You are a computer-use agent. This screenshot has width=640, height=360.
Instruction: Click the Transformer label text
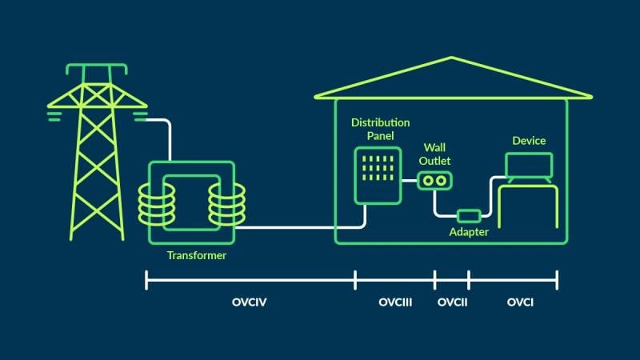[196, 256]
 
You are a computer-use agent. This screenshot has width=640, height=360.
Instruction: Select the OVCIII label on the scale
[394, 303]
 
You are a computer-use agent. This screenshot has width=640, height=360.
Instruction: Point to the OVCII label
[452, 303]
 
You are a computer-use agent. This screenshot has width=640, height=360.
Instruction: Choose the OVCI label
[520, 303]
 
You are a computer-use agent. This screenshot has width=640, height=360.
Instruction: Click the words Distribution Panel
[381, 129]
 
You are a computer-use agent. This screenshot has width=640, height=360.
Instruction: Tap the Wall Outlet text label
[437, 154]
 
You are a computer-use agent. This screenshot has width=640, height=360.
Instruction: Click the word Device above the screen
[529, 141]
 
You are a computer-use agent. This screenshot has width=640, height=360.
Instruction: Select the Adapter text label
[469, 232]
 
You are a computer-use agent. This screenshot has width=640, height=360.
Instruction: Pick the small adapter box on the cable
[468, 215]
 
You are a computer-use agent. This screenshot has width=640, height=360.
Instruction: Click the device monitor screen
[528, 164]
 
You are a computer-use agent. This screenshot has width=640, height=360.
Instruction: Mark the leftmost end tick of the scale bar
[146, 280]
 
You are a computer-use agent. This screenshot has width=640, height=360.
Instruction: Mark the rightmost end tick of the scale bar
[557, 280]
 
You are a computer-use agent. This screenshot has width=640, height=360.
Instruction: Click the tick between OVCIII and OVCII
[434, 280]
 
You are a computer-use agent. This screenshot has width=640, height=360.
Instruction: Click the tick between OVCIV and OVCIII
[355, 280]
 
